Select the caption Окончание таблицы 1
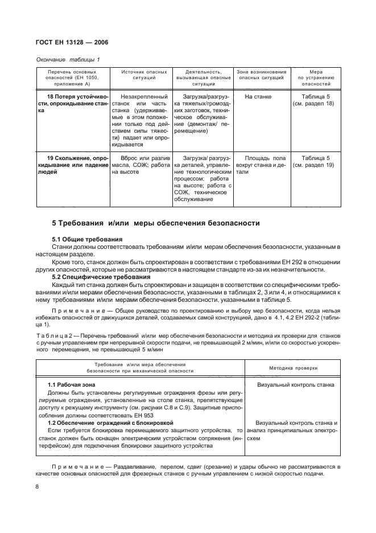point(67,60)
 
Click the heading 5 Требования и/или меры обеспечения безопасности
point(156,223)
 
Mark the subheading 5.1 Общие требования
point(87,239)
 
